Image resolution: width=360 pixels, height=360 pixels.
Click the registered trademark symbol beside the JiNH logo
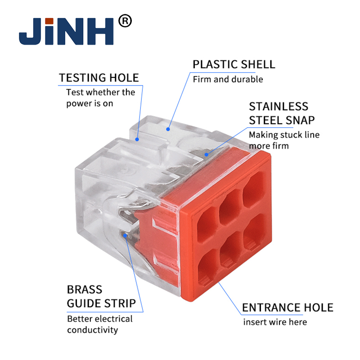click(125, 21)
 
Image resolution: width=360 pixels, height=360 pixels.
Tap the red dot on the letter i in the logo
click(49, 21)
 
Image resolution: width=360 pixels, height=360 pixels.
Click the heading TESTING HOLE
click(99, 77)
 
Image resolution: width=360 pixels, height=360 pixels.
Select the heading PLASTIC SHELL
click(234, 64)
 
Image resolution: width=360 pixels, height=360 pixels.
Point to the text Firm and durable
click(228, 79)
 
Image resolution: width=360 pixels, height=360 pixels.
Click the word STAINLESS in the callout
click(279, 107)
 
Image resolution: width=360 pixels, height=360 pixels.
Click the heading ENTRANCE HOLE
click(288, 307)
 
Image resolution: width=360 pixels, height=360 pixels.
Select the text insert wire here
click(275, 322)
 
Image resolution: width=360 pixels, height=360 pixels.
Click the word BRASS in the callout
click(85, 289)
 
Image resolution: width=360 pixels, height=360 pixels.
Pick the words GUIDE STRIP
click(101, 303)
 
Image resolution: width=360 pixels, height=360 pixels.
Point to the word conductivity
click(93, 330)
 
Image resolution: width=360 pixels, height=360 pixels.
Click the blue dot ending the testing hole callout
click(137, 139)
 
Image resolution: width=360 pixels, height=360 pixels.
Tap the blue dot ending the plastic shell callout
click(168, 129)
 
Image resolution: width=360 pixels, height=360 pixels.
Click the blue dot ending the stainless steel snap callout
click(207, 154)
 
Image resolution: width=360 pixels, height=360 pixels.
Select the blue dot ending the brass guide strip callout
click(125, 235)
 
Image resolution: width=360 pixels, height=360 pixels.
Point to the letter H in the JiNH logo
click(99, 31)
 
